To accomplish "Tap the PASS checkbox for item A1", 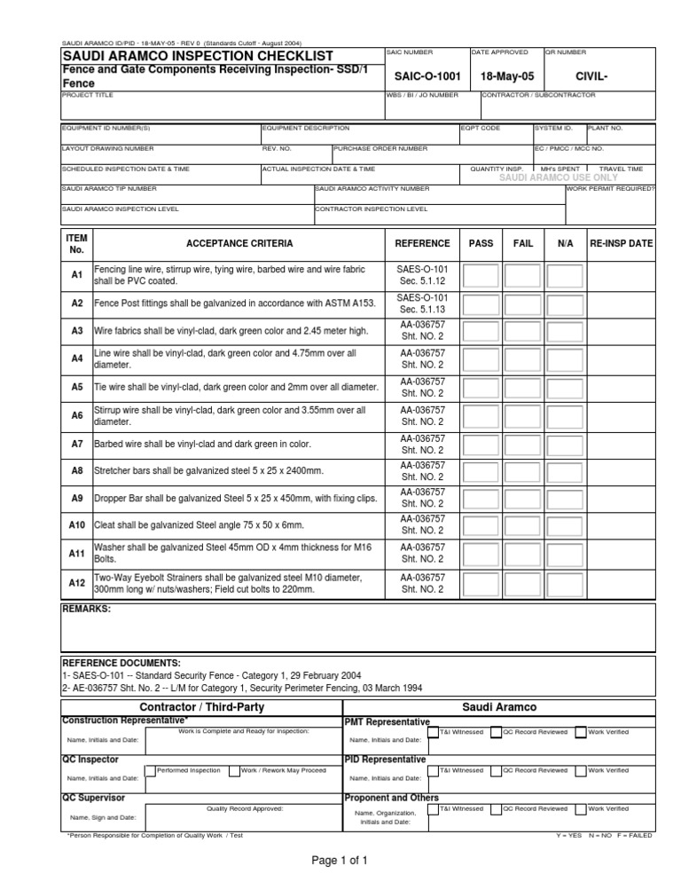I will pos(481,276).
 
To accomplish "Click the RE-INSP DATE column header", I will pos(621,243).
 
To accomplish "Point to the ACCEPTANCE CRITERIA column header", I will pos(239,243).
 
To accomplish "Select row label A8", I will pos(76,470).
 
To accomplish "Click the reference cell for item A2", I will pos(422,303).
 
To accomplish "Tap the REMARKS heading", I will pos(86,610).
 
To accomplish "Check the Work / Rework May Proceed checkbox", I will pos(234,771).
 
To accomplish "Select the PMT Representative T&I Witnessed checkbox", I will pos(433,733).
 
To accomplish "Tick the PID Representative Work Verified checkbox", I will pos(580,771).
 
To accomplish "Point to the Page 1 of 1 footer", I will pos(340,860).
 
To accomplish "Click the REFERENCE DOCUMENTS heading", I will pos(121,663).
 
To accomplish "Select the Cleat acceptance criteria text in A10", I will pos(199,525).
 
